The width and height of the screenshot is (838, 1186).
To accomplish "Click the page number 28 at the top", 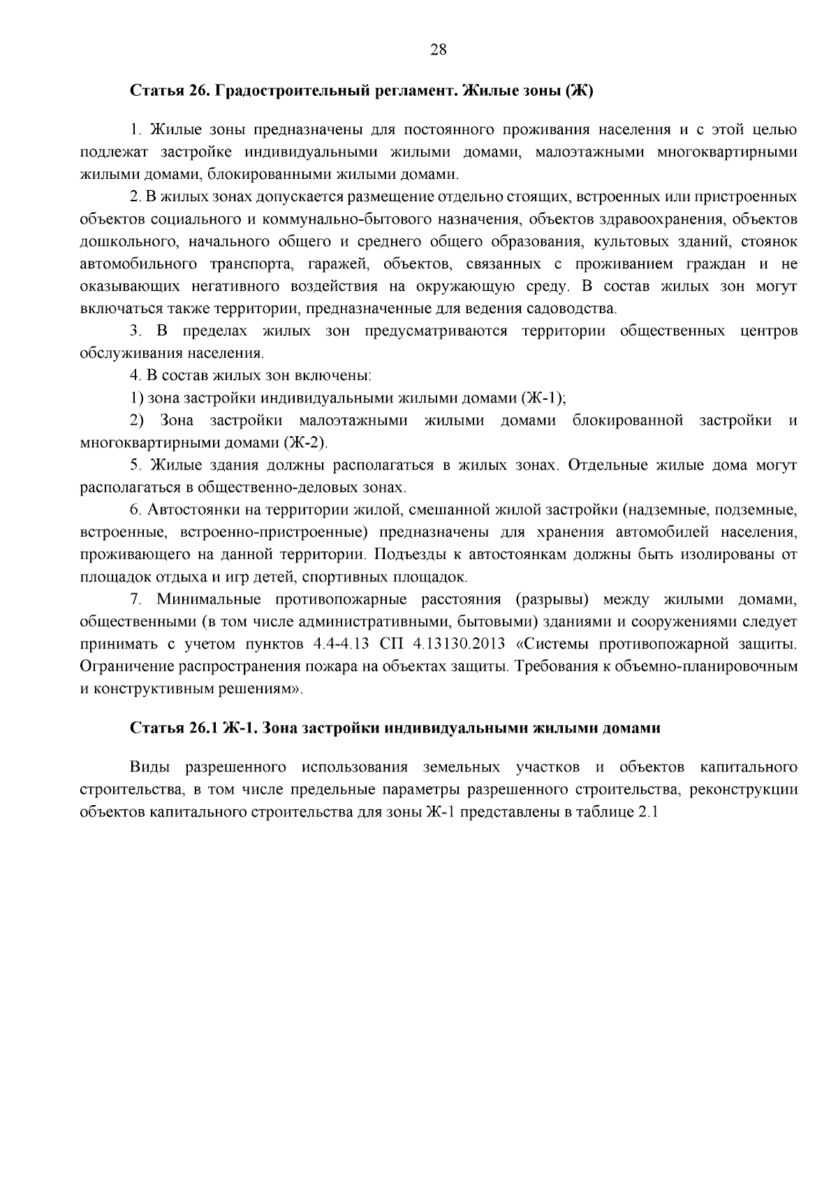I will click(438, 49).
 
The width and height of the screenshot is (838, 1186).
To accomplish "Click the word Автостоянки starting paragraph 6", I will click(188, 510).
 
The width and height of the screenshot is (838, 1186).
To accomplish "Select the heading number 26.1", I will click(203, 728).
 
